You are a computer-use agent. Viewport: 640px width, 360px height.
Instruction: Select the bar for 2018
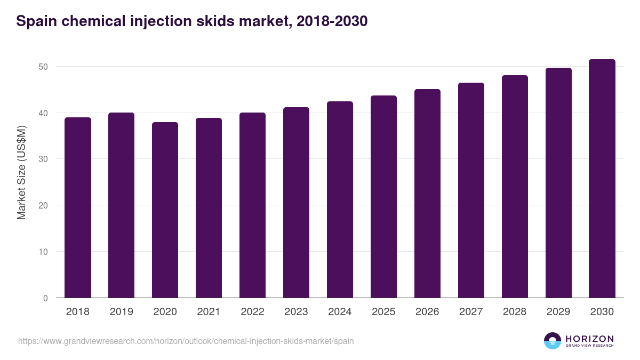click(x=78, y=207)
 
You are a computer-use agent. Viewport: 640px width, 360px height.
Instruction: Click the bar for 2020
click(x=165, y=210)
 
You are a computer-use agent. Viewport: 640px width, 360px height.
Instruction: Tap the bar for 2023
click(x=296, y=203)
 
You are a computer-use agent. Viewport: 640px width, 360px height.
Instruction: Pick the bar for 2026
click(x=427, y=194)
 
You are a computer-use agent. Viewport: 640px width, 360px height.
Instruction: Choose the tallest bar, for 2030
click(x=602, y=179)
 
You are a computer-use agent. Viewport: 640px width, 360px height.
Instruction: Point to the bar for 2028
click(x=515, y=187)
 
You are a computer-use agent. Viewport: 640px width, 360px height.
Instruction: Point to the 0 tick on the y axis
click(x=46, y=298)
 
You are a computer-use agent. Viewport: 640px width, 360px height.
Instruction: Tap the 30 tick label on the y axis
click(x=43, y=159)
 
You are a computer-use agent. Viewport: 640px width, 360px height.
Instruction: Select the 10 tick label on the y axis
click(x=43, y=252)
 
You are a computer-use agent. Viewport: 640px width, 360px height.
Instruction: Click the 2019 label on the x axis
click(x=122, y=312)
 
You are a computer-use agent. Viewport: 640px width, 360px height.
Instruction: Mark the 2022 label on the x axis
click(x=252, y=312)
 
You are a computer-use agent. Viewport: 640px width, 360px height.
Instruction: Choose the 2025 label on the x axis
click(x=383, y=312)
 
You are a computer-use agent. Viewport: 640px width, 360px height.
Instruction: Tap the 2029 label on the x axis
click(x=558, y=312)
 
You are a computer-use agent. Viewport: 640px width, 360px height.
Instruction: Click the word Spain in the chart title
click(x=36, y=21)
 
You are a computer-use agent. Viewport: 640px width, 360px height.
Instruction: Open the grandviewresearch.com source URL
click(x=186, y=341)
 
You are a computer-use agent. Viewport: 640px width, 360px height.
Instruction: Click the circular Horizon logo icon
click(x=553, y=341)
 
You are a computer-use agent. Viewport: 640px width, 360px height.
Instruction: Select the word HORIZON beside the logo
click(x=589, y=338)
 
